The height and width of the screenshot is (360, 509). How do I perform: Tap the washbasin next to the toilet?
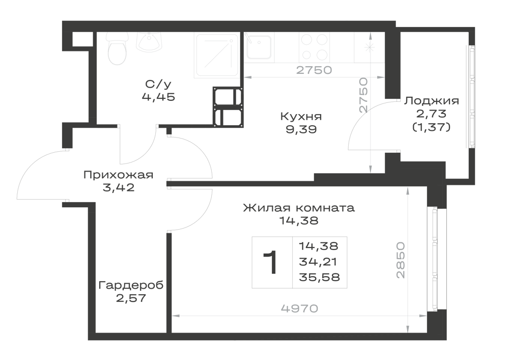tap(149, 42)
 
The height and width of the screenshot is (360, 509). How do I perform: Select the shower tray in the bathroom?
tap(217, 55)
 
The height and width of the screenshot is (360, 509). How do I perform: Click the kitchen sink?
tap(258, 47)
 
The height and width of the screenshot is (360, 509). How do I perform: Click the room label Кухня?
tap(301, 116)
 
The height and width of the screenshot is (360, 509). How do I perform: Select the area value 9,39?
tap(301, 129)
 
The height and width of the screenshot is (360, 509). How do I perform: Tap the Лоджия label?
tap(432, 101)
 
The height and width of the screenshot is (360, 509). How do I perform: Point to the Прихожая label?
tap(118, 175)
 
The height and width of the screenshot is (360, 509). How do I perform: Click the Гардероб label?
tap(131, 285)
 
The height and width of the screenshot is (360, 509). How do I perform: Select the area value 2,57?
tap(131, 298)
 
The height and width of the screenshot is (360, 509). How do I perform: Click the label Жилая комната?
tap(299, 207)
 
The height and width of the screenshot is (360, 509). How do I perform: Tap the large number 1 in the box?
tap(270, 262)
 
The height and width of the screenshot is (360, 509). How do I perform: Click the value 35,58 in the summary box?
tap(319, 277)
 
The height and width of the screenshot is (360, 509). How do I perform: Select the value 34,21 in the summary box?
tap(318, 262)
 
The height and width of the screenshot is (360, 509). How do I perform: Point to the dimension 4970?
tap(299, 309)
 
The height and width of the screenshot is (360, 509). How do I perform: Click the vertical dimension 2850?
tap(401, 260)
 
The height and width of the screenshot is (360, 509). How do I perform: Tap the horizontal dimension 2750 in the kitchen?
tap(314, 70)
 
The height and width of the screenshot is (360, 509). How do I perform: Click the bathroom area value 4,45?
tap(158, 97)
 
